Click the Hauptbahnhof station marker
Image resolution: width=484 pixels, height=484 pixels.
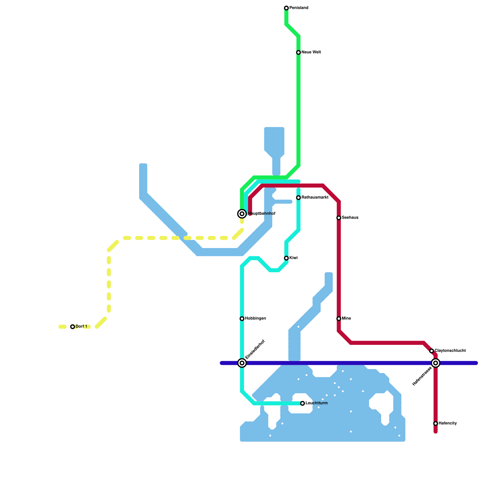pos(242,214)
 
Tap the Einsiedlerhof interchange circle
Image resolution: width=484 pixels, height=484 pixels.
pos(242,363)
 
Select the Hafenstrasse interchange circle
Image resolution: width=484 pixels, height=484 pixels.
pos(436,363)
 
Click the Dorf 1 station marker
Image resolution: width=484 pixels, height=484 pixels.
pos(73,327)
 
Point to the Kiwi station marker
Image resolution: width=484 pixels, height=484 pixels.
pos(286,258)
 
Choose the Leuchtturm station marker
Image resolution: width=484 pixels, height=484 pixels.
pos(302,403)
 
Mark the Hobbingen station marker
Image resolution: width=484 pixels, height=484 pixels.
pos(242,319)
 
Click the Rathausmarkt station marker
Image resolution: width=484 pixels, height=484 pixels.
pos(299,198)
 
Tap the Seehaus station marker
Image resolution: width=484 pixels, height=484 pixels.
pos(339,218)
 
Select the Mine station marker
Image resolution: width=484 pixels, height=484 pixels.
pos(339,319)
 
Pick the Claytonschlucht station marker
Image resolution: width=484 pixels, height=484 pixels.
pos(432,351)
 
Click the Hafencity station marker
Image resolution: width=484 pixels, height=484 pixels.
pos(436,423)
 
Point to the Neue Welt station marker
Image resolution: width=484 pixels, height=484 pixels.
pos(299,52)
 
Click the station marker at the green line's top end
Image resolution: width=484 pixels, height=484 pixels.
pos(286,8)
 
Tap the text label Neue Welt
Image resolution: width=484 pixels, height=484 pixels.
pos(311,52)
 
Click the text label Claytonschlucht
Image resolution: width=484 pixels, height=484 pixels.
pos(450,351)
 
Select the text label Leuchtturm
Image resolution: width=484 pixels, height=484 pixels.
pos(316,403)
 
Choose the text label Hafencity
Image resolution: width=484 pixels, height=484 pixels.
pos(447,423)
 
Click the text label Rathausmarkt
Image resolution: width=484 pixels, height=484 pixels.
pos(315,198)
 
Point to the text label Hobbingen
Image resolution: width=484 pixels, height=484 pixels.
pos(255,319)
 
